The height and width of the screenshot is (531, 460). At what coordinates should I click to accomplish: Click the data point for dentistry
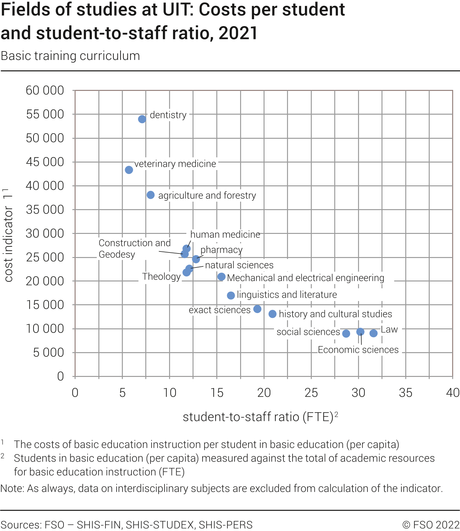click(142, 119)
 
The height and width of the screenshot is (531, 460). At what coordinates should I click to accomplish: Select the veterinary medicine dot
click(129, 170)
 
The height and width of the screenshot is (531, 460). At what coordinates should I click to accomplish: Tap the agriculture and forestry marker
click(151, 195)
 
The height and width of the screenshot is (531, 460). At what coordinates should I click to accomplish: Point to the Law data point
click(374, 333)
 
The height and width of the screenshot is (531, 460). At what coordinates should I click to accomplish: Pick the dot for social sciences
click(346, 333)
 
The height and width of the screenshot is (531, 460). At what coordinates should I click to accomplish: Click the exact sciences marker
click(257, 309)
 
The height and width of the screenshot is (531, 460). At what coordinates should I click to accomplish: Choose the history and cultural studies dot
click(273, 314)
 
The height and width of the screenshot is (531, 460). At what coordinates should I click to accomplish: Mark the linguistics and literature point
click(231, 295)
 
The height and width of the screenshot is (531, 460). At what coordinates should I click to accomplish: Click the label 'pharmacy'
click(222, 250)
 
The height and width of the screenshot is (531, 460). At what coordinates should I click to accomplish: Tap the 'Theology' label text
click(162, 277)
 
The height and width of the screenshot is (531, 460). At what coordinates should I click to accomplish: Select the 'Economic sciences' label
click(358, 350)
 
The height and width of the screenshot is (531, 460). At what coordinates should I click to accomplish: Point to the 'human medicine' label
click(225, 235)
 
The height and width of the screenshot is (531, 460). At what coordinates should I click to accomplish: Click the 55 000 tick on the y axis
click(45, 114)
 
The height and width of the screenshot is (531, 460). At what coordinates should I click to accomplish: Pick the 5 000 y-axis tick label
click(49, 352)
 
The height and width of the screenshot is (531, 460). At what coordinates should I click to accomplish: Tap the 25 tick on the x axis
click(311, 393)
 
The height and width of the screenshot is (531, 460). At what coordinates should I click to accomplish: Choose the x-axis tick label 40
click(453, 393)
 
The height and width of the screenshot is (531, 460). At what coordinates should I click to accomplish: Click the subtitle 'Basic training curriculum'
click(70, 56)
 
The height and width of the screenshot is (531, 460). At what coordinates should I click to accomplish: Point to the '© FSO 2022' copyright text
click(431, 525)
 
